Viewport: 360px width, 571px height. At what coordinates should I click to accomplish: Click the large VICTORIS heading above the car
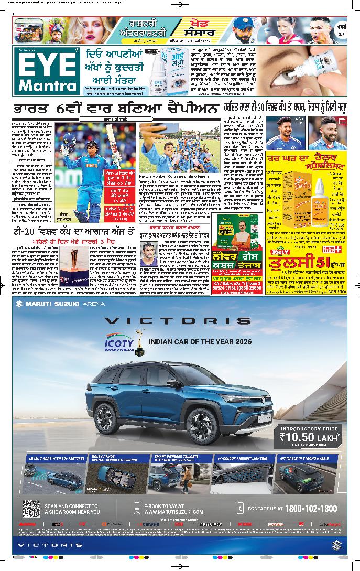177,320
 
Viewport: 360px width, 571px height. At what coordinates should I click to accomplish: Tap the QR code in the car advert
31,508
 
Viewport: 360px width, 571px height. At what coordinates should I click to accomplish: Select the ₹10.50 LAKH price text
310,437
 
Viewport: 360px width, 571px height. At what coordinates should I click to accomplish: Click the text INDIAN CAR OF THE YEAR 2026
201,342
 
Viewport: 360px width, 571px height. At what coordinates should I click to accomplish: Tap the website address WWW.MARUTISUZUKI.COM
173,512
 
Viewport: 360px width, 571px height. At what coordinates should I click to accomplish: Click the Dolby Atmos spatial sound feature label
115,459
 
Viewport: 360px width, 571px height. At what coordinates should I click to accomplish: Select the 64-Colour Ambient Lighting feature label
239,458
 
